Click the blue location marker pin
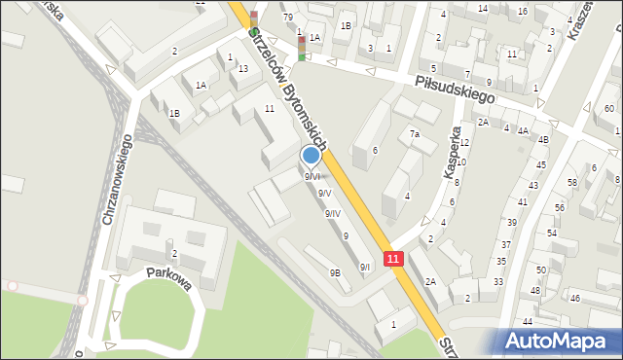311,155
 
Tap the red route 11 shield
392,259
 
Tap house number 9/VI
312,176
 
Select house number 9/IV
333,213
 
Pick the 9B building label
334,273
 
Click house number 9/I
365,267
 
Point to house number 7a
415,133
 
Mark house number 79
287,18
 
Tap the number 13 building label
243,68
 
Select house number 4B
544,139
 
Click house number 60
608,108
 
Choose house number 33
497,281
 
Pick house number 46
574,297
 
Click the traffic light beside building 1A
302,46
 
